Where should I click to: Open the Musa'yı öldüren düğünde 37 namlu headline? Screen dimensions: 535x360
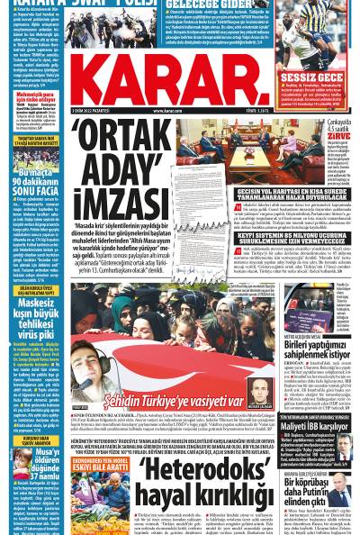[x=37, y=468]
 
